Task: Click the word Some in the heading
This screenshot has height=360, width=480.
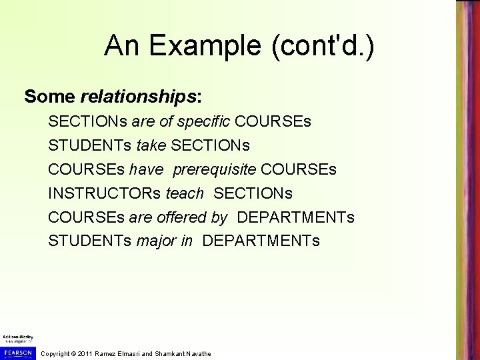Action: tap(50, 97)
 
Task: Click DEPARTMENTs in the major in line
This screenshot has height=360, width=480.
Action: tap(261, 241)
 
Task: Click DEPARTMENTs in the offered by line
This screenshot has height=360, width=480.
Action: tap(296, 217)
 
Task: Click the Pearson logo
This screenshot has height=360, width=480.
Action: tap(17, 351)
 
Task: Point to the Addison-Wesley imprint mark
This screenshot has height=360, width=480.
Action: tap(17, 338)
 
